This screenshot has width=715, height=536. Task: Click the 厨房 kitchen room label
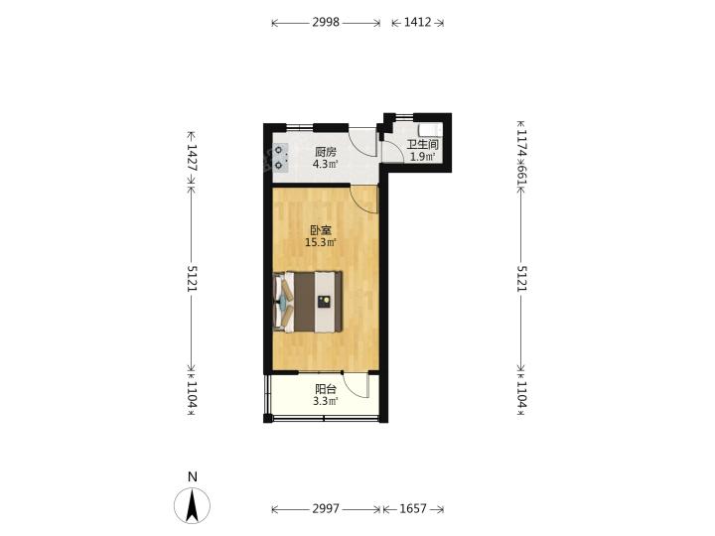point(326,152)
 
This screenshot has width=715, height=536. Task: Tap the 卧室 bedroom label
point(321,230)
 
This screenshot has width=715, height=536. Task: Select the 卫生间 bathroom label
point(423,145)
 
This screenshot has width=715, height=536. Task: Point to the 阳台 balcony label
point(326,389)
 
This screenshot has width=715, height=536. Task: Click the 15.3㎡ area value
point(321,242)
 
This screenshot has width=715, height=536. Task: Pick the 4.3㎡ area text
point(326,164)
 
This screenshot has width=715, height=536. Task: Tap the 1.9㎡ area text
point(423,157)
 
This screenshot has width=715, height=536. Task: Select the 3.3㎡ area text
point(326,401)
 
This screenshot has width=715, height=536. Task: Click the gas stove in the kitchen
point(280,157)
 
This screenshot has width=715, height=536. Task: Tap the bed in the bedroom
point(308,302)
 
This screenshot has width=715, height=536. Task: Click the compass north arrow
point(193,505)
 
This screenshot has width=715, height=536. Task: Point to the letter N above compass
point(193,476)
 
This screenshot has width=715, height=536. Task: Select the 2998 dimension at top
point(326,22)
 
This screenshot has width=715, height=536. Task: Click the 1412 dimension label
point(417,22)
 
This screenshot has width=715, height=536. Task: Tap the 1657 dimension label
point(413,508)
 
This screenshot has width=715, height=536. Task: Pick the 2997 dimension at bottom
point(326,508)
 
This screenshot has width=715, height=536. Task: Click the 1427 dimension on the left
point(192,158)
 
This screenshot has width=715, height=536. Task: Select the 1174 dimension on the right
point(521,144)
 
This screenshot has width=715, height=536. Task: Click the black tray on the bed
point(324,302)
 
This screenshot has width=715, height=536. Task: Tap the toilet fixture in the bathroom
point(430,129)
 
